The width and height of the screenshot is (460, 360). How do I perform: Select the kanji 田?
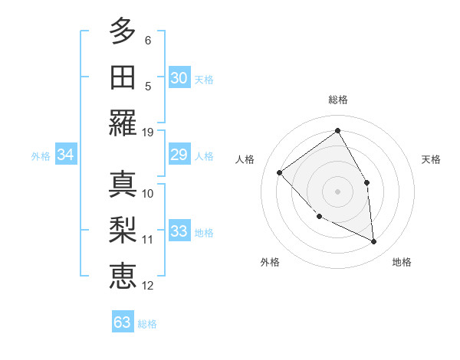pyautogui.click(x=122, y=77)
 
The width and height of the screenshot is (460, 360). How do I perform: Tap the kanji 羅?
pyautogui.click(x=122, y=123)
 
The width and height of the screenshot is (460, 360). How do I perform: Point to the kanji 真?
pyautogui.click(x=122, y=184)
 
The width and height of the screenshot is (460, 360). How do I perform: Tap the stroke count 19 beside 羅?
pyautogui.click(x=148, y=132)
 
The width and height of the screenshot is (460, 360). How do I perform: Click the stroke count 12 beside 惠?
pyautogui.click(x=148, y=286)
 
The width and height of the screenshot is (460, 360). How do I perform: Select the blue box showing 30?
pyautogui.click(x=179, y=77)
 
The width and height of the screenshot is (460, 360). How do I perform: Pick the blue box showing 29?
pyautogui.click(x=179, y=155)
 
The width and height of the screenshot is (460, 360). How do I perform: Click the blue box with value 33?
pyautogui.click(x=179, y=231)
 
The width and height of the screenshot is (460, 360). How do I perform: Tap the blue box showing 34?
pyautogui.click(x=66, y=155)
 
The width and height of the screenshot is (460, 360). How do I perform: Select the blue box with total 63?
pyautogui.click(x=123, y=322)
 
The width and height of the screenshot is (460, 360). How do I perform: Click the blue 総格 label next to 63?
pyautogui.click(x=148, y=324)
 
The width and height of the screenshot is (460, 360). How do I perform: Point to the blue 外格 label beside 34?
pyautogui.click(x=41, y=156)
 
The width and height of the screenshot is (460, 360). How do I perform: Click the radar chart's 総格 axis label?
pyautogui.click(x=337, y=100)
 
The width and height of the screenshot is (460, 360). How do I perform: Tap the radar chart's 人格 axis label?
pyautogui.click(x=245, y=159)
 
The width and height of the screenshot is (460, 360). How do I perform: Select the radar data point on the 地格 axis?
pyautogui.click(x=373, y=241)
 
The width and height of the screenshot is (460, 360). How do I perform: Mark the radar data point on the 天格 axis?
pyautogui.click(x=366, y=182)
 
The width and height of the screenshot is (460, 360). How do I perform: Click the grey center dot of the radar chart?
pyautogui.click(x=337, y=191)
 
